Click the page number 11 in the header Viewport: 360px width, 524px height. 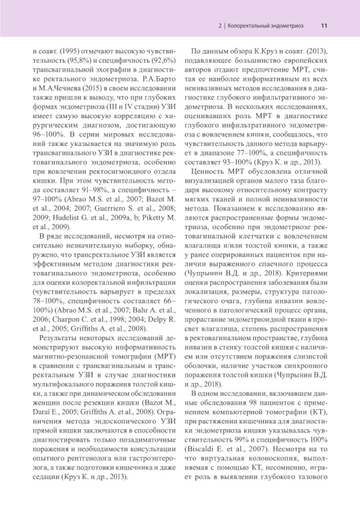click(x=324, y=26)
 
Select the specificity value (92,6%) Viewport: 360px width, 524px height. click(x=164, y=60)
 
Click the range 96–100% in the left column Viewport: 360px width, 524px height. click(x=46, y=135)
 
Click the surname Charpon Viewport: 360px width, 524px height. click(x=65, y=319)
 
